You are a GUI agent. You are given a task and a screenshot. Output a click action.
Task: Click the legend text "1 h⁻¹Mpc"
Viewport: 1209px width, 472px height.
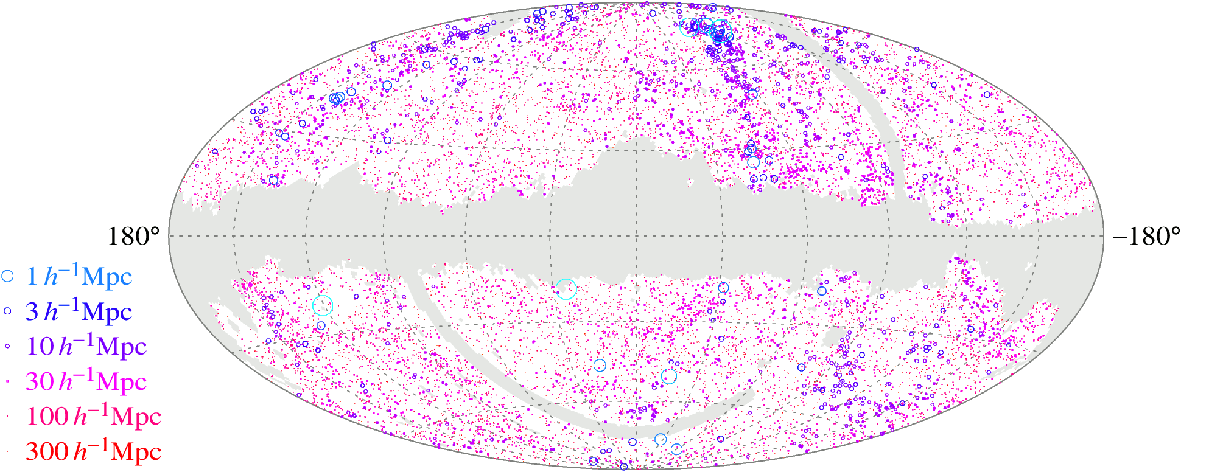(79, 277)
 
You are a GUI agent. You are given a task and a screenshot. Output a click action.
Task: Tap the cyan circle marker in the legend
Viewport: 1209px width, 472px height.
(7, 276)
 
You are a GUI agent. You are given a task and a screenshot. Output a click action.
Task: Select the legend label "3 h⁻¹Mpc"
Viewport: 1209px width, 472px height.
(79, 311)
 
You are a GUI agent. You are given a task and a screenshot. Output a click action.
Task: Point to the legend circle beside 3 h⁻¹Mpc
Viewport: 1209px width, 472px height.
(7, 311)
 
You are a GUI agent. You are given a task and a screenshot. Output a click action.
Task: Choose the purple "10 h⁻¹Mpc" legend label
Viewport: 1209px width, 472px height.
(86, 346)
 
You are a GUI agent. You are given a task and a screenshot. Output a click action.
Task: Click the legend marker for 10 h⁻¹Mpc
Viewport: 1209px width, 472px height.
(7, 346)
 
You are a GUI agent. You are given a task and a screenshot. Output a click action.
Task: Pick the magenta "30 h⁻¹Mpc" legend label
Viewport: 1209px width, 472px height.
(86, 381)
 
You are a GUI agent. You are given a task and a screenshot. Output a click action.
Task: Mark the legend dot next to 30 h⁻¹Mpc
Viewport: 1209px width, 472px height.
(7, 381)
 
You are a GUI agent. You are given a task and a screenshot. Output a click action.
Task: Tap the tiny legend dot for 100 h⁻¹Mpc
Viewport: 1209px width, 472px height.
(7, 416)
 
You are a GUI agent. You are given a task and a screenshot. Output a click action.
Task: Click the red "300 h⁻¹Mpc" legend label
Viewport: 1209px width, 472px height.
(93, 451)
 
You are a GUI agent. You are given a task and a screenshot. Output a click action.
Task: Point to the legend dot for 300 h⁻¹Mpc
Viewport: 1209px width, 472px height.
(7, 451)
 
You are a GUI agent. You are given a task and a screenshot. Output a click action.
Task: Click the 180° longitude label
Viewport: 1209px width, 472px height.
(133, 237)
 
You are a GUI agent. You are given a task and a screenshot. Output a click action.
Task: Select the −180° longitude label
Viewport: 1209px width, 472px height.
(1146, 237)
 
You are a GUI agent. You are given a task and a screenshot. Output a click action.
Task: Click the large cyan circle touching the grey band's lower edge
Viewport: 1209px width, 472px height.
(566, 289)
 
